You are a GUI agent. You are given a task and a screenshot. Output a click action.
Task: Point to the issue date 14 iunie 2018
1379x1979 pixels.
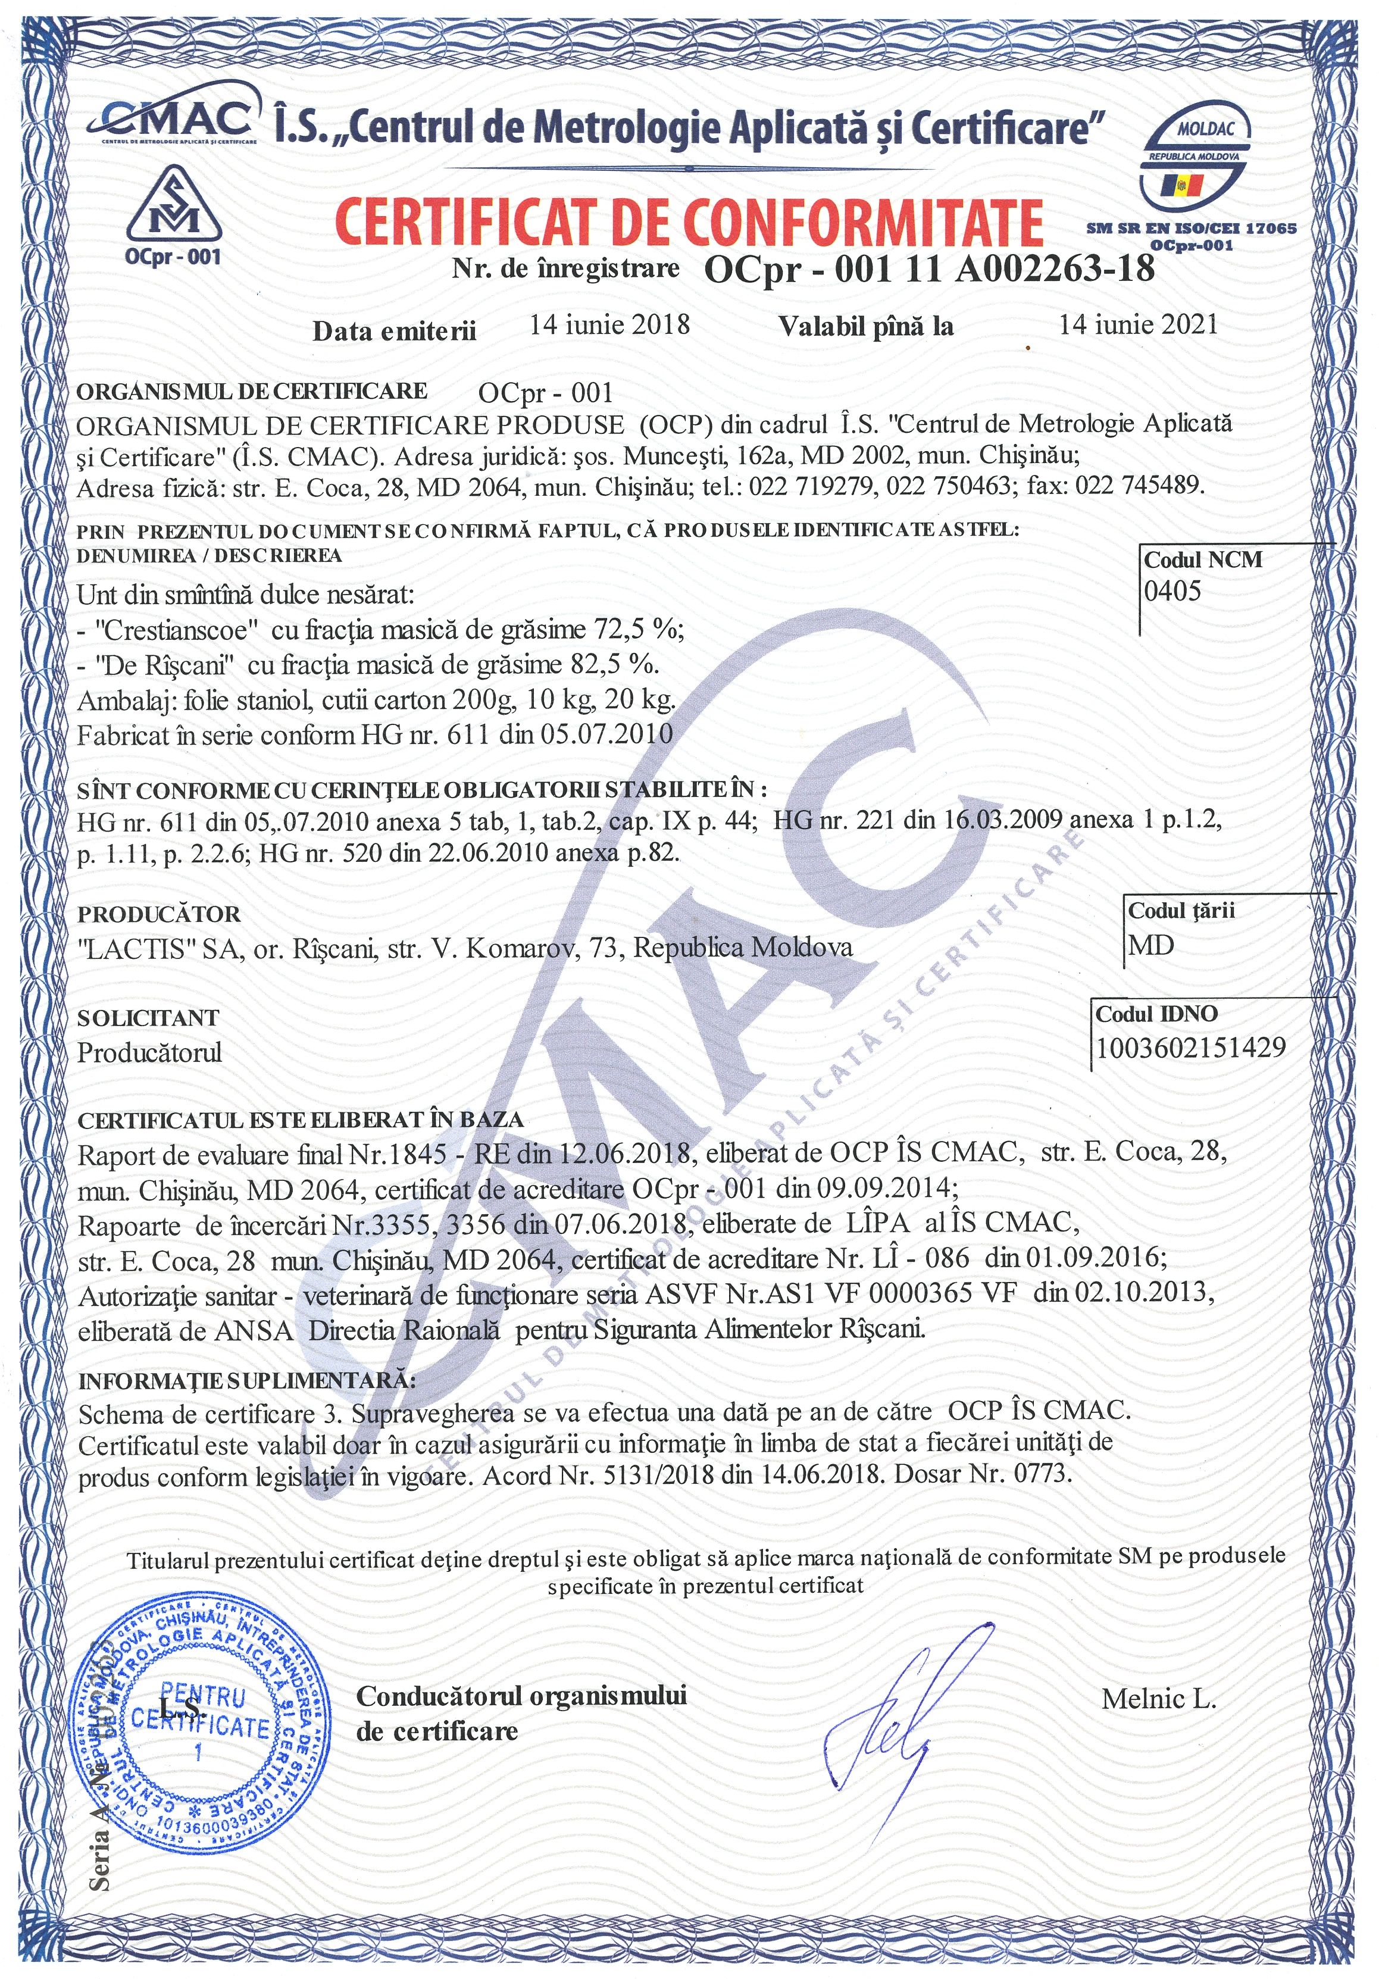[x=609, y=324]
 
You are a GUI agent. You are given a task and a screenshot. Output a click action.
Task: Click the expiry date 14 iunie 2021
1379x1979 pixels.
[x=1138, y=324]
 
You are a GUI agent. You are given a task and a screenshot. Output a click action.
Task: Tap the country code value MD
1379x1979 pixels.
[x=1152, y=946]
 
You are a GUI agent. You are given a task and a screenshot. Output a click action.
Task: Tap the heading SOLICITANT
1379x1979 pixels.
[x=148, y=1017]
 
